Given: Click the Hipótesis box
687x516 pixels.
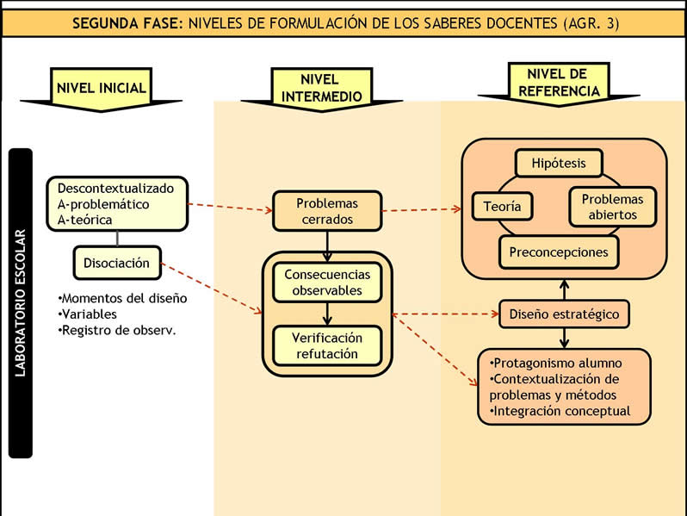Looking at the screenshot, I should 558,162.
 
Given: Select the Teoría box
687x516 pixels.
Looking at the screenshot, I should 503,206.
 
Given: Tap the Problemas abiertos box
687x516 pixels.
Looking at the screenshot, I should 613,207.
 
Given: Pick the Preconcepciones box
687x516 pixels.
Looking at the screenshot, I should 558,252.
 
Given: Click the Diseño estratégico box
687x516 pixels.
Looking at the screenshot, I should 564,314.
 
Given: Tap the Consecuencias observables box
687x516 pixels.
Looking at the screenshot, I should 327,283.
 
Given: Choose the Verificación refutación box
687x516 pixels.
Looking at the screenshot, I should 327,345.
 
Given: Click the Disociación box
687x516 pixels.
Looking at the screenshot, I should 116,263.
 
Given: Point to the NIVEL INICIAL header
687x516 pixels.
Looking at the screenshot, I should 102,88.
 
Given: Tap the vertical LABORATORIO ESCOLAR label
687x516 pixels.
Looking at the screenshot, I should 20,302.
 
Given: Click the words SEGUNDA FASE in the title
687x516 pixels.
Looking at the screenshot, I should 127,23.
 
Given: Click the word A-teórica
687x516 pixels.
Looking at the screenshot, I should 85,221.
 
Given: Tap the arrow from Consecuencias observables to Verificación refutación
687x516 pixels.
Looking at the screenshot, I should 327,314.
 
